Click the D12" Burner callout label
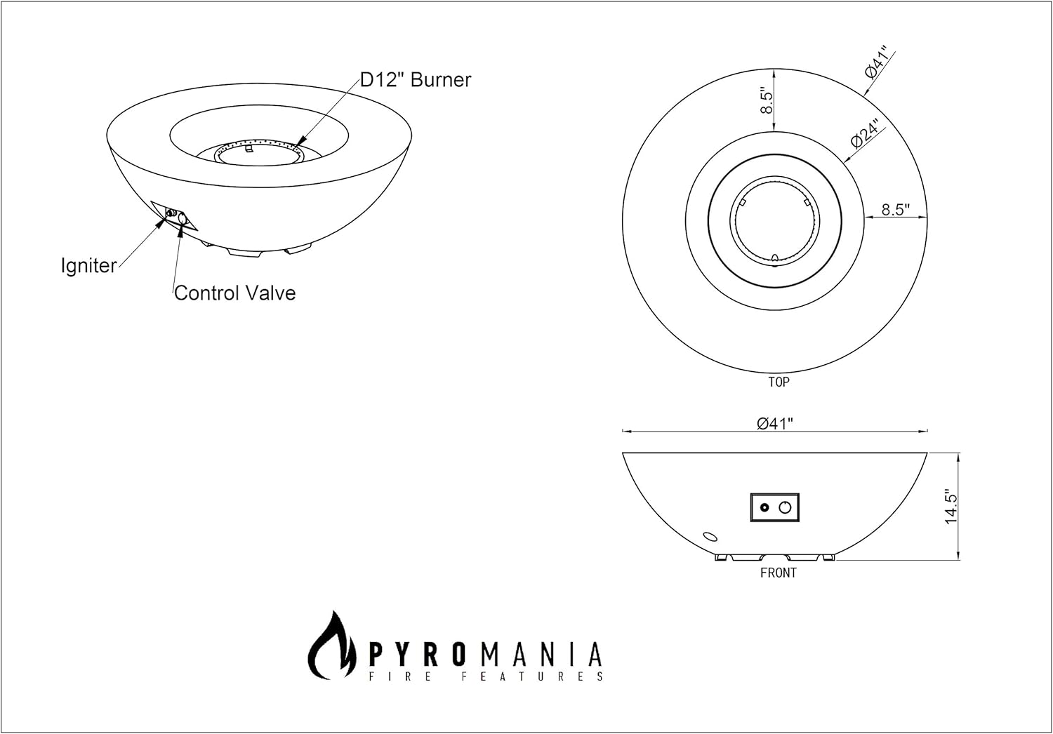click(x=415, y=80)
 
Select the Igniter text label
click(x=88, y=266)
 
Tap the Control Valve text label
click(x=234, y=293)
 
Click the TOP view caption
click(x=778, y=382)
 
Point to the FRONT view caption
click(x=778, y=573)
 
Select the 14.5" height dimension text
click(x=951, y=506)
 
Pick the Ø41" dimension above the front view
click(x=775, y=422)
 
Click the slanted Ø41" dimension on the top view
click(x=877, y=62)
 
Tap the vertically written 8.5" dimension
click(x=768, y=102)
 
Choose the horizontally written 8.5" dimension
click(x=895, y=209)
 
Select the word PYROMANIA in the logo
click(x=485, y=654)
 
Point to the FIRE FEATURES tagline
click(x=485, y=676)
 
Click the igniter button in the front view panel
click(x=764, y=508)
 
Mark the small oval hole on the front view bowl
click(x=710, y=537)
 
